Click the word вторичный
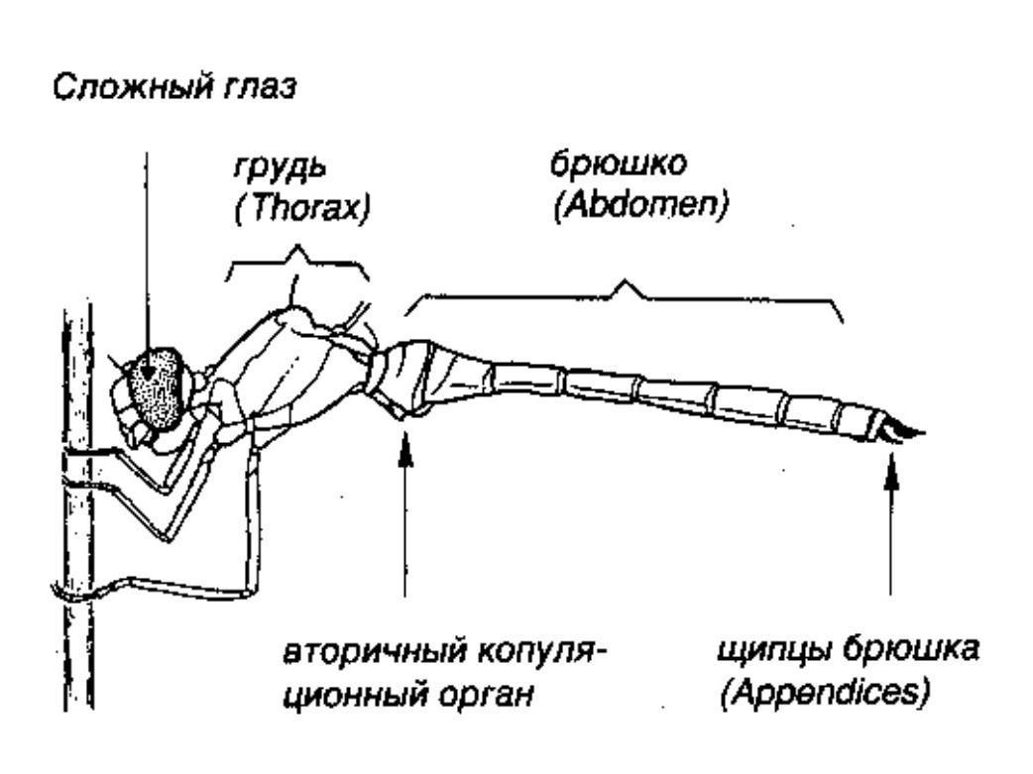click(x=373, y=652)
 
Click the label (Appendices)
click(x=825, y=694)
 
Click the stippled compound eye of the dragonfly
click(x=158, y=388)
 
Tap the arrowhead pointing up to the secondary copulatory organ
click(x=405, y=448)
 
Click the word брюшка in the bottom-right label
click(x=912, y=651)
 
